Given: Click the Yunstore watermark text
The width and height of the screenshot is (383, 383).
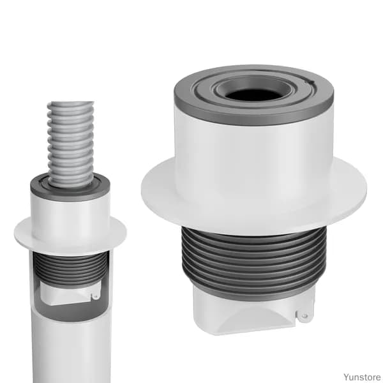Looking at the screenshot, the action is pyautogui.click(x=362, y=377).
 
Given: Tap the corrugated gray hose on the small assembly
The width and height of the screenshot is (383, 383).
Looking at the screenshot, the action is pyautogui.click(x=71, y=144).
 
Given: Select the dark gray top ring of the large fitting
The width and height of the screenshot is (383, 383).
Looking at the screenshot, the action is pyautogui.click(x=253, y=94).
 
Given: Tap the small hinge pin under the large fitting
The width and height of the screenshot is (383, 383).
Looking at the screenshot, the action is pyautogui.click(x=304, y=317).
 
